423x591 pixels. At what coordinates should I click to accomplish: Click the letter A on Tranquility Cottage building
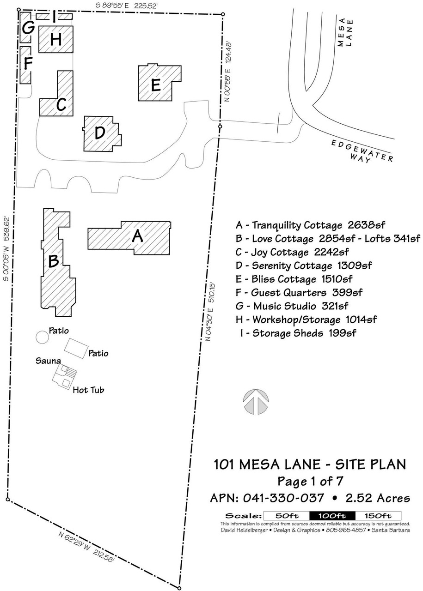tap(137, 235)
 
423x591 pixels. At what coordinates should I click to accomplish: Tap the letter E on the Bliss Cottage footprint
tap(156, 85)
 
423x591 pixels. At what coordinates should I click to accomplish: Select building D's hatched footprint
tap(102, 134)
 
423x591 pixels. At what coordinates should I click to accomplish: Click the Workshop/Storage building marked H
tap(56, 39)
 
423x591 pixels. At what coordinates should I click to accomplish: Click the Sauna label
tap(48, 361)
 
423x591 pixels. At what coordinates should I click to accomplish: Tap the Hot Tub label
tap(88, 390)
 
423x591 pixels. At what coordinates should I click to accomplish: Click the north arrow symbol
tap(256, 401)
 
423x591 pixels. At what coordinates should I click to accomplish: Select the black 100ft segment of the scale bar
tap(332, 515)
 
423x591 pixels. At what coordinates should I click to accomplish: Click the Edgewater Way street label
tap(362, 152)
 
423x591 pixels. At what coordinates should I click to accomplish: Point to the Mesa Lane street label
tap(345, 32)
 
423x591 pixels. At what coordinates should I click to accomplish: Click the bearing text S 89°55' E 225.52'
tap(127, 6)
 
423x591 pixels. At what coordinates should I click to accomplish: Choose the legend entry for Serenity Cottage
tap(304, 265)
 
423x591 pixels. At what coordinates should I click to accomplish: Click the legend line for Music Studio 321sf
tap(292, 306)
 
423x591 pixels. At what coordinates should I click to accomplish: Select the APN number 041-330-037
tap(283, 498)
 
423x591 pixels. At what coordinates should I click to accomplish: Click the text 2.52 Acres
tap(378, 498)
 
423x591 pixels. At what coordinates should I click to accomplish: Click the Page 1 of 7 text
tap(310, 481)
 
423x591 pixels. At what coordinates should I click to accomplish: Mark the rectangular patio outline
tap(76, 349)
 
